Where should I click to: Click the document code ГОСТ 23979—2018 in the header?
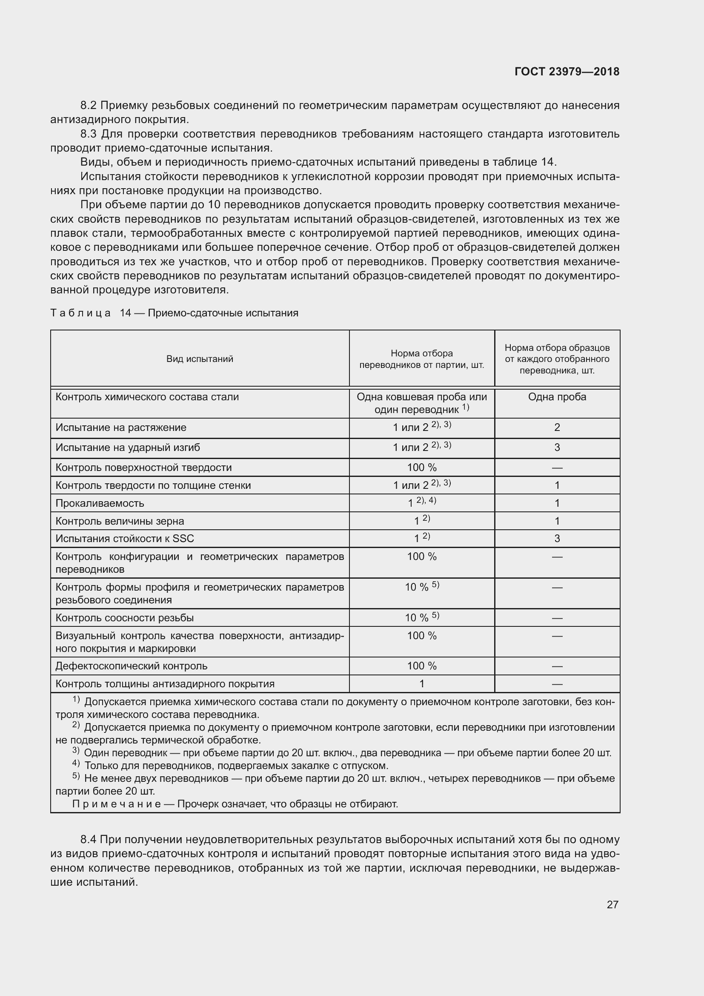point(567,72)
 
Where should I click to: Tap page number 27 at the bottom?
point(612,904)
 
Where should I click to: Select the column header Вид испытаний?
point(200,359)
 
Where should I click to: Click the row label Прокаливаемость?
point(100,503)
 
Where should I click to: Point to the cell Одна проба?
point(557,397)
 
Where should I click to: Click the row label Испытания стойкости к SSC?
point(125,538)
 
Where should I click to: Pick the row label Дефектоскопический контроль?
point(132,666)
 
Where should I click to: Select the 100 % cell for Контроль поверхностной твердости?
point(422,467)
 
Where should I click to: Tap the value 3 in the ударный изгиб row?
point(557,447)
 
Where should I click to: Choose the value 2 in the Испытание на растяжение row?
point(557,427)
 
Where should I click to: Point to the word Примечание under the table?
point(116,804)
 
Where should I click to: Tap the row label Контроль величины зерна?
point(120,521)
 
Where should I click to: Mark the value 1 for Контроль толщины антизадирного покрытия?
point(422,684)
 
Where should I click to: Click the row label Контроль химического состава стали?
point(147,397)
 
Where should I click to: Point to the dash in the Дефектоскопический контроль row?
point(557,666)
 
